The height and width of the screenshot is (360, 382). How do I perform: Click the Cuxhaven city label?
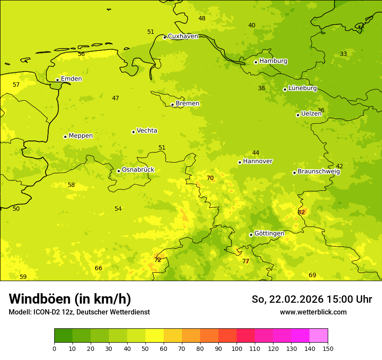(183, 36)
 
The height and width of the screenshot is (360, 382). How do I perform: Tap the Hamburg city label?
(273, 61)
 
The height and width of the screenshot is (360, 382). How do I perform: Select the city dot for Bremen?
(172, 105)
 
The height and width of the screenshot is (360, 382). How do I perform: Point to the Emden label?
(71, 79)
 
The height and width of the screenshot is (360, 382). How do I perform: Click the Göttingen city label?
(269, 234)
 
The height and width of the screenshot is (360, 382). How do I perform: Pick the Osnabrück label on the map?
(138, 170)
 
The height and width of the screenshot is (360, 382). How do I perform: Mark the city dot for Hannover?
(240, 163)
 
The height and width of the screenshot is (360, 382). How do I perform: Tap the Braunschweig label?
(319, 172)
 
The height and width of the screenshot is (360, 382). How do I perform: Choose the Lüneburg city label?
(303, 88)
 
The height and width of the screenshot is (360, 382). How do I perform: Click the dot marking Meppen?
(65, 137)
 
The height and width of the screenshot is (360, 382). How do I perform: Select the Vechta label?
(147, 131)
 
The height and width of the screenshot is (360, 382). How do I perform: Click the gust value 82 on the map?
(301, 212)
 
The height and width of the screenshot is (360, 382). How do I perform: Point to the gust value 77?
(246, 261)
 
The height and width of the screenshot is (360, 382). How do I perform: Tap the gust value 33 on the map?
(343, 54)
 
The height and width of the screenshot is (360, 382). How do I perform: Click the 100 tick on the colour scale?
(237, 348)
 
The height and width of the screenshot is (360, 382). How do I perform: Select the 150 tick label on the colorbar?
(328, 348)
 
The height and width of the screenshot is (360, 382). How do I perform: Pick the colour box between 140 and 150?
(319, 336)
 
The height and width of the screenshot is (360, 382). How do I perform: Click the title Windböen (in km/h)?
(70, 299)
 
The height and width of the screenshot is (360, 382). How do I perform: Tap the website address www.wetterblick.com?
(313, 312)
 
